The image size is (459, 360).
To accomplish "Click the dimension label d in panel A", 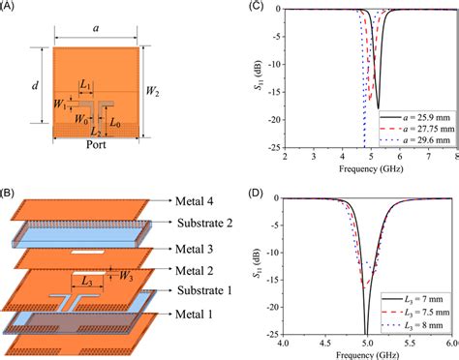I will coord(35,86).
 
